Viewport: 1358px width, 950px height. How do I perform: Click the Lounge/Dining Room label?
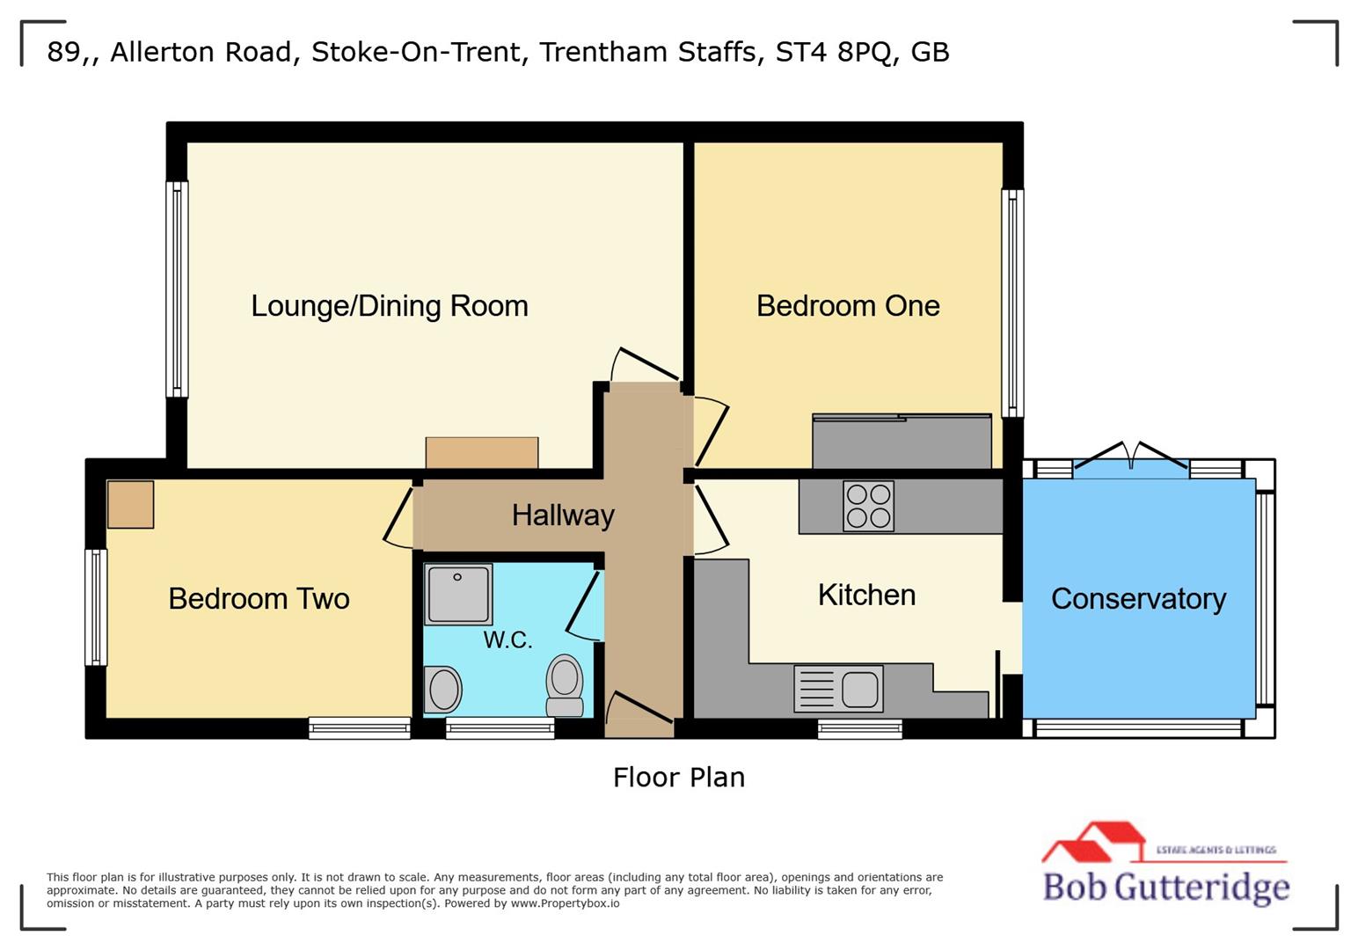point(390,306)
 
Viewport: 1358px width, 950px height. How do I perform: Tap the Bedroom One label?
point(848,306)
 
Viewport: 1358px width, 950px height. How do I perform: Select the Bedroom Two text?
point(259,599)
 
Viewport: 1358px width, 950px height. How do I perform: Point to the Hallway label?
point(563,515)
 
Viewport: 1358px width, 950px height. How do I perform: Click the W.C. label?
point(507,639)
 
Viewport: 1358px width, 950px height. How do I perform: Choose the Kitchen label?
point(866,596)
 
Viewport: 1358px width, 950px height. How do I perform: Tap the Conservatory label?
point(1138,599)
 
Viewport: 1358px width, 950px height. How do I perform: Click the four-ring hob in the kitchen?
point(868,506)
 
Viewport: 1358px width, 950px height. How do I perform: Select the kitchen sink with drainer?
point(838,688)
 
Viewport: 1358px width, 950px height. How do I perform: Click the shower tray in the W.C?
point(458,594)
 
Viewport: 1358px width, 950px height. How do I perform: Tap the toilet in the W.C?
point(565,686)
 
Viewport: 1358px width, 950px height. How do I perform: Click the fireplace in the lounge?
point(482,453)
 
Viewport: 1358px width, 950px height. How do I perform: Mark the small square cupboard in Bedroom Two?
point(130,504)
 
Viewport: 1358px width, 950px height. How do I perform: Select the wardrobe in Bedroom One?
point(902,442)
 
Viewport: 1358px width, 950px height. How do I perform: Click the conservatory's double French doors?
point(1131,457)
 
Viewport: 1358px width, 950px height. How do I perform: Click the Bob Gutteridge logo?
point(1165,866)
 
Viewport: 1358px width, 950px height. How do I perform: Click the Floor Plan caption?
point(678,778)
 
